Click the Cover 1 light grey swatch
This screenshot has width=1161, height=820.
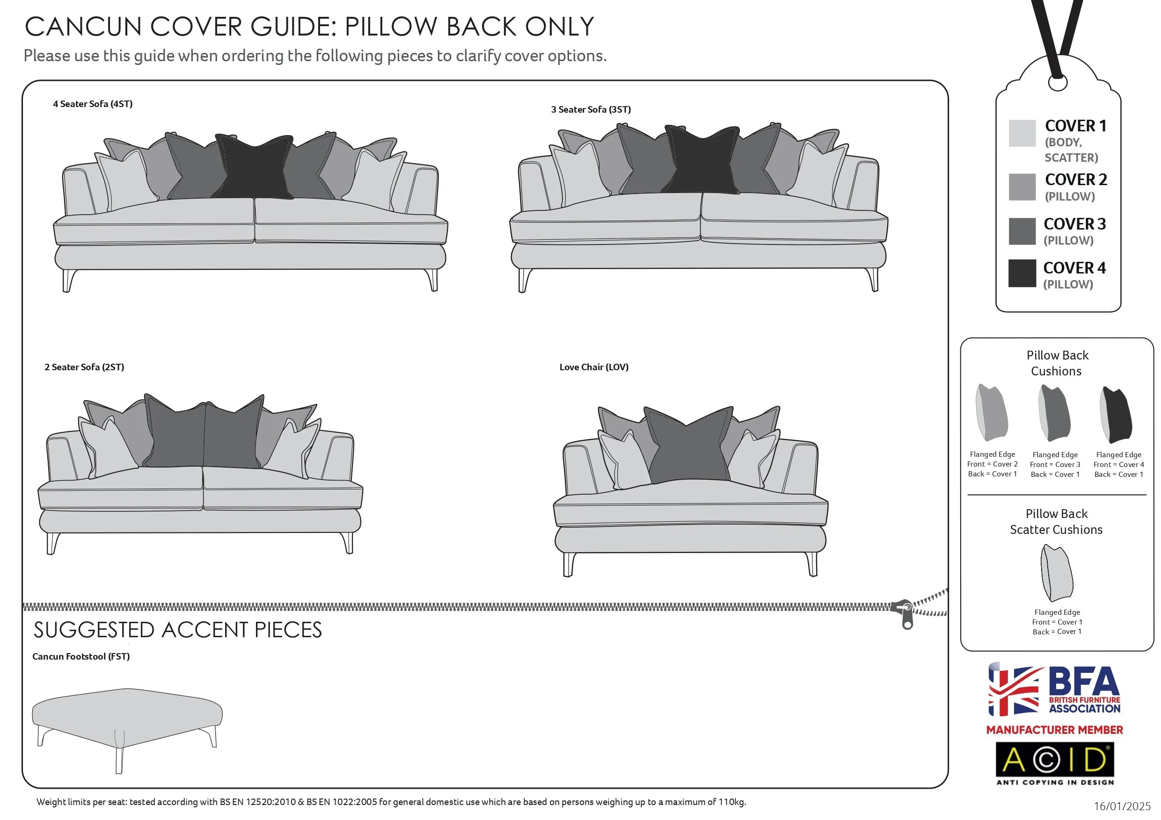click(1022, 133)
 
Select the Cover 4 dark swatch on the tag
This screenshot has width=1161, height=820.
click(1022, 273)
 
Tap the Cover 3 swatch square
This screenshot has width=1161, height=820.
click(1022, 231)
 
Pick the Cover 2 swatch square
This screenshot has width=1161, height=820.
click(1022, 187)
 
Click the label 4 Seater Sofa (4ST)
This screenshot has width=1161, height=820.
click(93, 104)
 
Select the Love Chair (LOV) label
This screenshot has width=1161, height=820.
click(594, 367)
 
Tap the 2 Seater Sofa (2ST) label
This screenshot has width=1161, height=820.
click(84, 367)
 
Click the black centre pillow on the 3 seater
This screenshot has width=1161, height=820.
click(702, 161)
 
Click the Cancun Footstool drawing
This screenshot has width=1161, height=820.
click(126, 718)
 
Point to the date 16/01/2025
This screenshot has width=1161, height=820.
click(1122, 806)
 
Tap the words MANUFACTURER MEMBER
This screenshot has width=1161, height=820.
click(1054, 730)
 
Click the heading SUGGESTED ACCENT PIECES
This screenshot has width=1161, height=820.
click(177, 630)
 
